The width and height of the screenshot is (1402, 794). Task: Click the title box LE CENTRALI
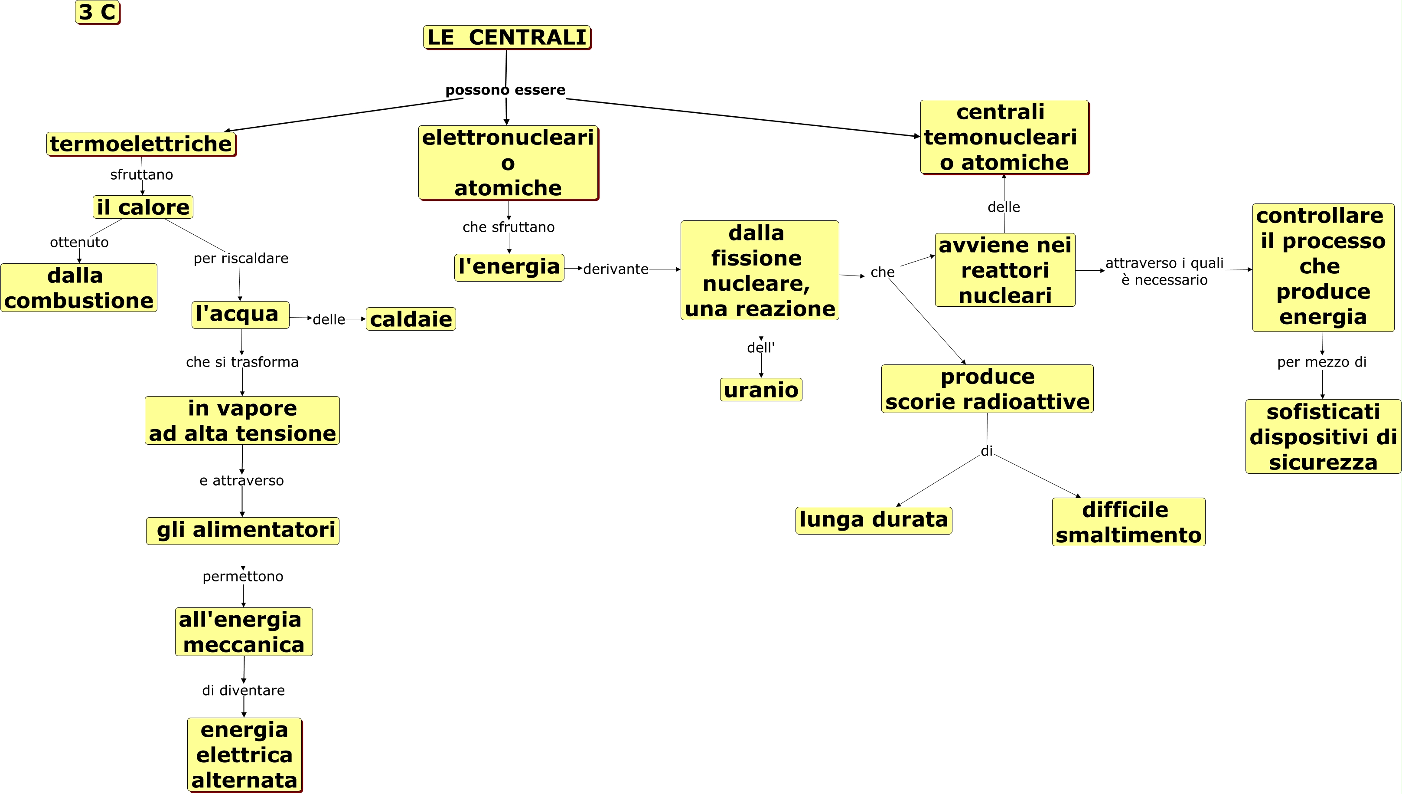pyautogui.click(x=507, y=37)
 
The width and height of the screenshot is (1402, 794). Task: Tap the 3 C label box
pyautogui.click(x=98, y=12)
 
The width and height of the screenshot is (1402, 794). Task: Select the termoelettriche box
pyautogui.click(x=141, y=144)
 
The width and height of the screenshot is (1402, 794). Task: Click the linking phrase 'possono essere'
pyautogui.click(x=505, y=90)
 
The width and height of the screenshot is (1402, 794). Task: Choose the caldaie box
pyautogui.click(x=411, y=319)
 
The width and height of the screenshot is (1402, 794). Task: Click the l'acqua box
pyautogui.click(x=240, y=315)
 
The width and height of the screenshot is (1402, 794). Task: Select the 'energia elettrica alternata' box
pyautogui.click(x=244, y=755)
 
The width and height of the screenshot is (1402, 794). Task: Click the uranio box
pyautogui.click(x=761, y=390)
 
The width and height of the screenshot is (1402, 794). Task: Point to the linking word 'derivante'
pyautogui.click(x=616, y=269)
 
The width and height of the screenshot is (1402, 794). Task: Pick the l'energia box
pyautogui.click(x=509, y=267)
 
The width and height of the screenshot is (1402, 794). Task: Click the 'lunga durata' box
pyautogui.click(x=874, y=520)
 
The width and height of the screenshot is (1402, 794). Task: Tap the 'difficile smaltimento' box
pyautogui.click(x=1128, y=522)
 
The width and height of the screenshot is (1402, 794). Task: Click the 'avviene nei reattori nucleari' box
pyautogui.click(x=1005, y=270)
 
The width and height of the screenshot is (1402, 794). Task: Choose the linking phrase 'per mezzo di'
pyautogui.click(x=1321, y=362)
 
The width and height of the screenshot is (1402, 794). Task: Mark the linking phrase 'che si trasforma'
pyautogui.click(x=242, y=362)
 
